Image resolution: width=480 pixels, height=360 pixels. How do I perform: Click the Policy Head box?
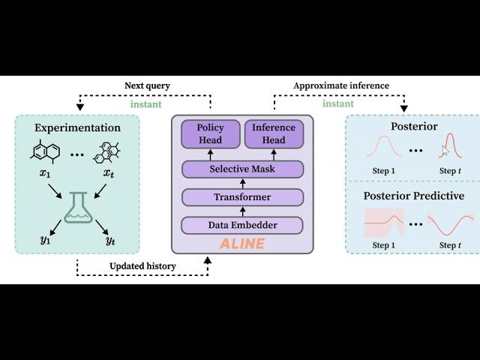pyautogui.click(x=210, y=133)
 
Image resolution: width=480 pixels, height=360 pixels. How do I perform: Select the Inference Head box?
pyautogui.click(x=274, y=133)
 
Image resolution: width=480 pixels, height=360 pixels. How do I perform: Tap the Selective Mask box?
pyautogui.click(x=241, y=169)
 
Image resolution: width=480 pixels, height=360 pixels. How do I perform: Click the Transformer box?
pyautogui.click(x=241, y=197)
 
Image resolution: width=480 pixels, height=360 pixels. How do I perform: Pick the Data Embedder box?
pyautogui.click(x=241, y=225)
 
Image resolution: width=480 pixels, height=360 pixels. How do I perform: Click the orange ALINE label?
pyautogui.click(x=241, y=244)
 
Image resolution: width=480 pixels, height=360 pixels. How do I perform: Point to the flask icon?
pyautogui.click(x=79, y=208)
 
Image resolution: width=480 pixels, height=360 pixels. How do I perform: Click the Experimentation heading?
pyautogui.click(x=76, y=127)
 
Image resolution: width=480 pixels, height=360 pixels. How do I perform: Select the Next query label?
pyautogui.click(x=146, y=85)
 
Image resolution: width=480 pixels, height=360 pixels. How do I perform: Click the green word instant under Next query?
pyautogui.click(x=146, y=104)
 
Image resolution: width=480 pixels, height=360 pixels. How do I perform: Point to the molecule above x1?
pyautogui.click(x=45, y=150)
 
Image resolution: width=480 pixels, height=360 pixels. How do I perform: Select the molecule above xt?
pyautogui.click(x=106, y=150)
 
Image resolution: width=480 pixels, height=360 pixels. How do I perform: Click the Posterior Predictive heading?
pyautogui.click(x=413, y=196)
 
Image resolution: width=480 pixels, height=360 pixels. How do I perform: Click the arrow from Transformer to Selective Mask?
pyautogui.click(x=241, y=184)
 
